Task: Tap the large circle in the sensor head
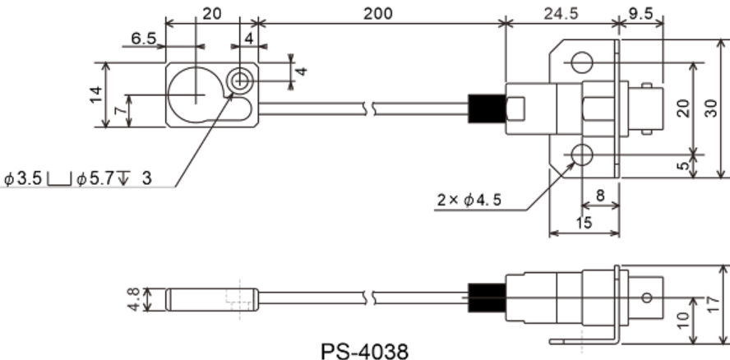tap(196, 94)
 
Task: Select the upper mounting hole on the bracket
tap(582, 62)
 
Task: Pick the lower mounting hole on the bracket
tap(582, 154)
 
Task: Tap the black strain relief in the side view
tap(482, 297)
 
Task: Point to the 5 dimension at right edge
tap(684, 166)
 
